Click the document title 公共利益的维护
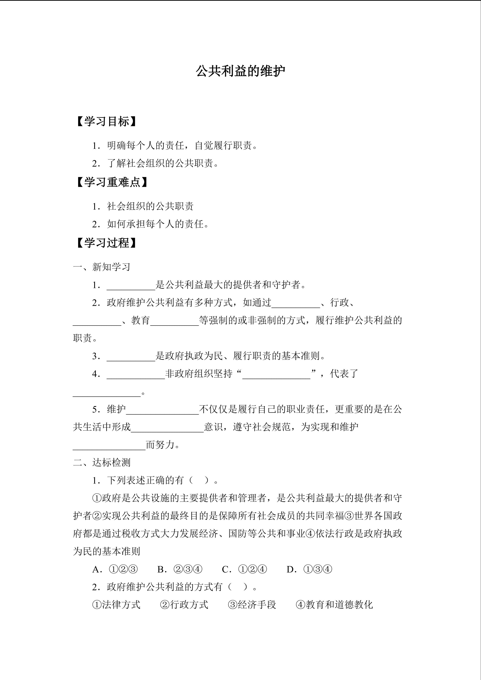click(x=240, y=71)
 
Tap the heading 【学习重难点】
click(x=112, y=182)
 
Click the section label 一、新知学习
click(x=102, y=267)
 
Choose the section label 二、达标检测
click(x=102, y=462)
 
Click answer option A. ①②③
click(x=115, y=569)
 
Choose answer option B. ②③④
click(x=179, y=569)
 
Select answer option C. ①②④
click(x=244, y=569)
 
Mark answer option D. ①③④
click(x=309, y=569)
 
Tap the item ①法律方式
click(x=116, y=605)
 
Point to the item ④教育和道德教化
click(x=334, y=605)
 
